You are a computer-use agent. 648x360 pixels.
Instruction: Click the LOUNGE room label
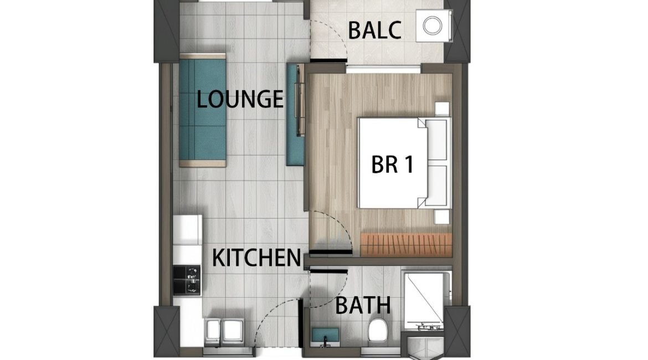pos(240,99)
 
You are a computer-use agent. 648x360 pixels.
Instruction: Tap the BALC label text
pos(374,30)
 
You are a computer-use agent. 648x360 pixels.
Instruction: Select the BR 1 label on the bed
pos(392,164)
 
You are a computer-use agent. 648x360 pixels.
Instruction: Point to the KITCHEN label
pos(256,258)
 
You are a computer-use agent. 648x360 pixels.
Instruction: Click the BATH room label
pos(363,305)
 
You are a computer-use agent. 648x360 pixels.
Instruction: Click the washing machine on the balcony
pos(434,25)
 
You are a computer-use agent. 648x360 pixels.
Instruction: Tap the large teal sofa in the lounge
pos(203,110)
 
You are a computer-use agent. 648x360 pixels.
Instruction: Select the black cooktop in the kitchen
pos(187,280)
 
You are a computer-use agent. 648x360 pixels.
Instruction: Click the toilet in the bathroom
pos(378,330)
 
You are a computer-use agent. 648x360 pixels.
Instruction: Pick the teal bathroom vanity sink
pos(325,335)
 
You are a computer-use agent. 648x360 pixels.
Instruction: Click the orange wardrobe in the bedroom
pos(406,244)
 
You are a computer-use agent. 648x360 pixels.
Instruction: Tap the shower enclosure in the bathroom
pos(424,301)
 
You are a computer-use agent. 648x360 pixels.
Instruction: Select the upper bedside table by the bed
pos(442,109)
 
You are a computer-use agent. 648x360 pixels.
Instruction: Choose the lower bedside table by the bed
pos(442,217)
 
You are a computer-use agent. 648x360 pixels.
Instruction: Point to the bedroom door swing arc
pos(340,223)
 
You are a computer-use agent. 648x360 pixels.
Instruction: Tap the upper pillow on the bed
pos(436,139)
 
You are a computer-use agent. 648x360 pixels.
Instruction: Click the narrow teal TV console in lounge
pos(295,115)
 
